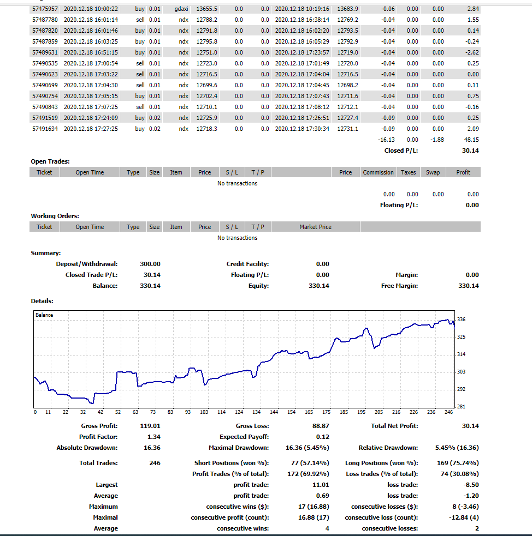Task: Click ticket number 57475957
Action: (44, 9)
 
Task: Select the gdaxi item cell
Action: (181, 9)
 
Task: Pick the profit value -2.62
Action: (471, 52)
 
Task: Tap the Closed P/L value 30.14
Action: (470, 150)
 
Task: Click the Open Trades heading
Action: (50, 161)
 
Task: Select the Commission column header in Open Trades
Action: (378, 172)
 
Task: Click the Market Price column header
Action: (315, 227)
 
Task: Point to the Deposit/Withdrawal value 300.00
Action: (150, 264)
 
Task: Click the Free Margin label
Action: (399, 286)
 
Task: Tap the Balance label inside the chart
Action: (44, 315)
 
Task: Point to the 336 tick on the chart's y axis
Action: (461, 320)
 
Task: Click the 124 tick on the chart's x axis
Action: (239, 412)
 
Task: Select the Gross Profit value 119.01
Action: (150, 426)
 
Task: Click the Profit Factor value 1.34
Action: (153, 437)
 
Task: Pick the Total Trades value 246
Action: (154, 463)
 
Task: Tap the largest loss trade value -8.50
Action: (471, 485)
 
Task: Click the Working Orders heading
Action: (55, 216)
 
